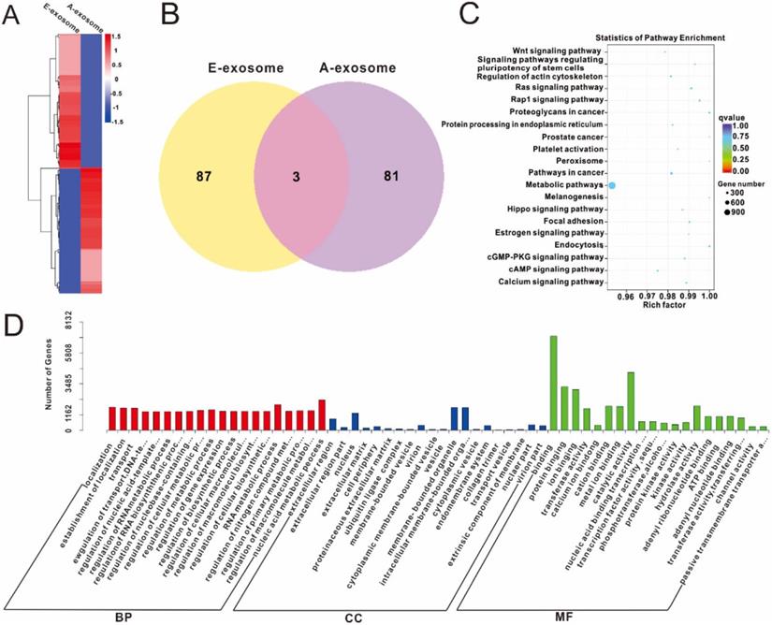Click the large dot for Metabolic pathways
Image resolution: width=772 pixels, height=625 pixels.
[611, 186]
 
